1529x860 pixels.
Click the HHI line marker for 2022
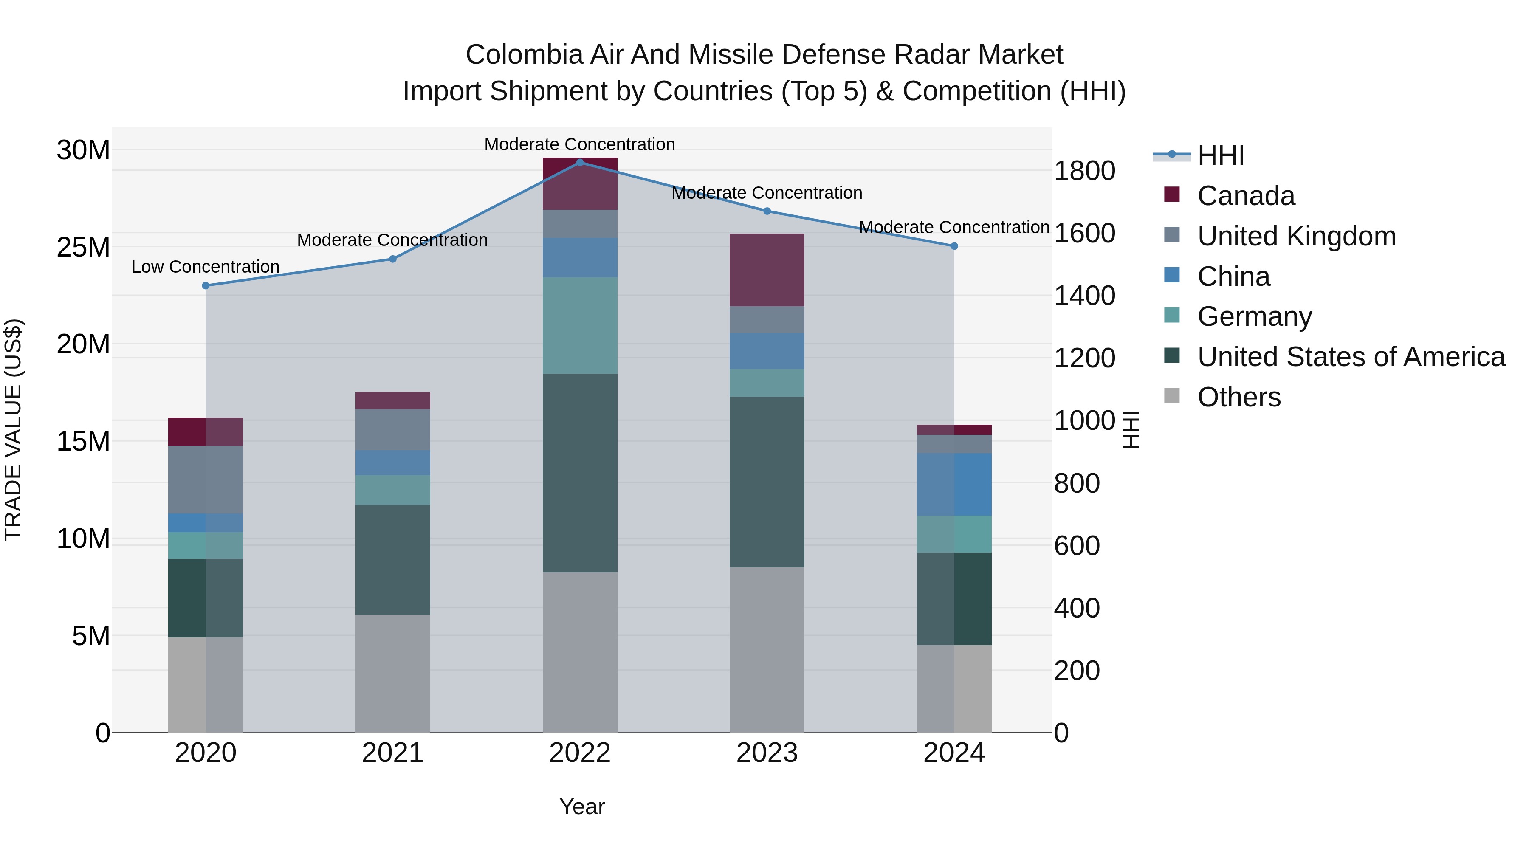pyautogui.click(x=580, y=162)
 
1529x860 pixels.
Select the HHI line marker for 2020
pyautogui.click(x=206, y=285)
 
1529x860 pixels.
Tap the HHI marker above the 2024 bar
pyautogui.click(x=954, y=246)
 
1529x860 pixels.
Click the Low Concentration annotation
pyautogui.click(x=206, y=267)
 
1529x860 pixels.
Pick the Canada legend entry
pyautogui.click(x=1245, y=196)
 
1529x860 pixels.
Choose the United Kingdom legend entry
pyautogui.click(x=1296, y=236)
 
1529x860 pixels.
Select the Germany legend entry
pyautogui.click(x=1254, y=316)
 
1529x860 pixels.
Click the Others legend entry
pyautogui.click(x=1239, y=397)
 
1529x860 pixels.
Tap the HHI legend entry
pyautogui.click(x=1220, y=155)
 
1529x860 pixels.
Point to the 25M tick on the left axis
pyautogui.click(x=83, y=247)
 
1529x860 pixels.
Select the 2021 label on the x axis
pyautogui.click(x=392, y=753)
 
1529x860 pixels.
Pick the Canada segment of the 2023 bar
pyautogui.click(x=766, y=270)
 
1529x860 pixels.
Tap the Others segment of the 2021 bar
pyautogui.click(x=392, y=673)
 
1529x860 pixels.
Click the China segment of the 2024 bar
pyautogui.click(x=954, y=484)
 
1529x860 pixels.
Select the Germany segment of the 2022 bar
pyautogui.click(x=580, y=325)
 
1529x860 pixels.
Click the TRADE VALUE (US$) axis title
pyautogui.click(x=13, y=430)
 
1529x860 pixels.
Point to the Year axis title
pyautogui.click(x=582, y=806)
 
